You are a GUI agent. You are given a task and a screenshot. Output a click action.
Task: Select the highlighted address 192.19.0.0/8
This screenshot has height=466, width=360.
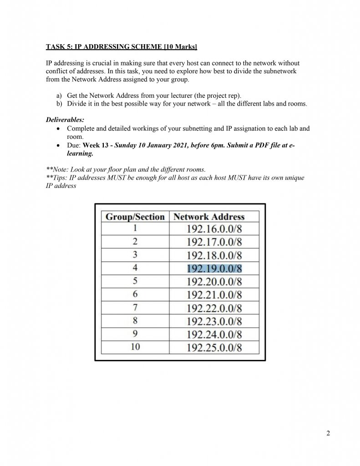[x=214, y=268]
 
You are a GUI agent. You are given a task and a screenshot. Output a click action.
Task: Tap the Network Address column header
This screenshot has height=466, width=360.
[x=209, y=217]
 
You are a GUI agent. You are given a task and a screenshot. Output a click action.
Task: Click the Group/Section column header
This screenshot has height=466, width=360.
[x=135, y=217]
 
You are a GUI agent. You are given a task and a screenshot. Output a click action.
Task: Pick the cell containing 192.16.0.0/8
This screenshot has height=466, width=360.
[x=214, y=229]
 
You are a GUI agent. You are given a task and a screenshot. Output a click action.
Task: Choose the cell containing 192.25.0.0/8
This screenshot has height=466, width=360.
[x=214, y=348]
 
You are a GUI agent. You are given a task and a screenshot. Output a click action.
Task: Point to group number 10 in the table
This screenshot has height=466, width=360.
[x=135, y=347]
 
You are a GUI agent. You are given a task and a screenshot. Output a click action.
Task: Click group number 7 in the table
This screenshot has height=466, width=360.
[x=135, y=308]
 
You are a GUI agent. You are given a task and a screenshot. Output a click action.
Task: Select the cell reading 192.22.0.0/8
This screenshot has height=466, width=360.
[x=214, y=308]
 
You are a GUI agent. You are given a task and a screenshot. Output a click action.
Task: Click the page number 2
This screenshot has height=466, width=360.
[x=328, y=433]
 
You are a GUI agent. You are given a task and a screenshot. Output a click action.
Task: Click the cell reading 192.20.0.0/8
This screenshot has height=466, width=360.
[x=214, y=282]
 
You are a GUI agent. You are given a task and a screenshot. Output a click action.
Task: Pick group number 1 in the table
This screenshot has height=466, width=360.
[x=135, y=228]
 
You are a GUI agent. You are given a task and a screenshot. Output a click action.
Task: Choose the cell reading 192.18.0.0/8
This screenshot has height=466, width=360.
[x=214, y=255]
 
